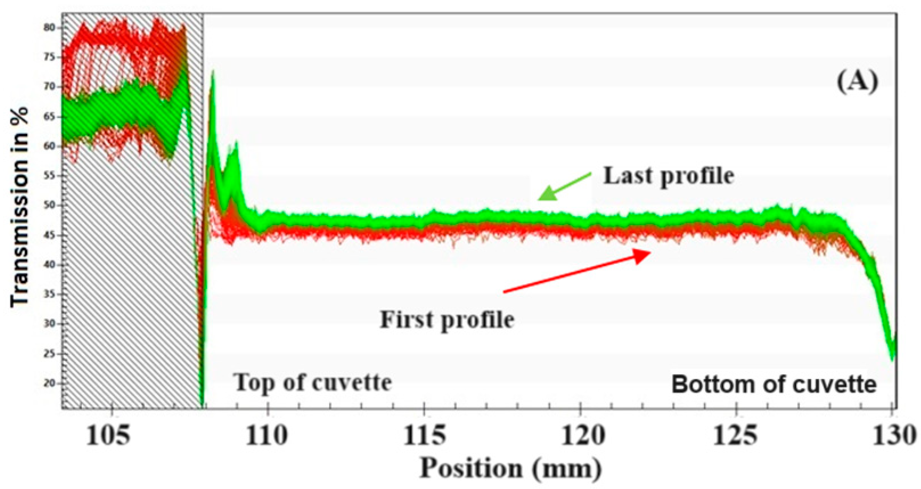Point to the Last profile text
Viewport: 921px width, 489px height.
668,176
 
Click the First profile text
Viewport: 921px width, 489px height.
447,319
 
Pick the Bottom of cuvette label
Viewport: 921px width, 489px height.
774,385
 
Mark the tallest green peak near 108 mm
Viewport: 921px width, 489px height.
213,71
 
